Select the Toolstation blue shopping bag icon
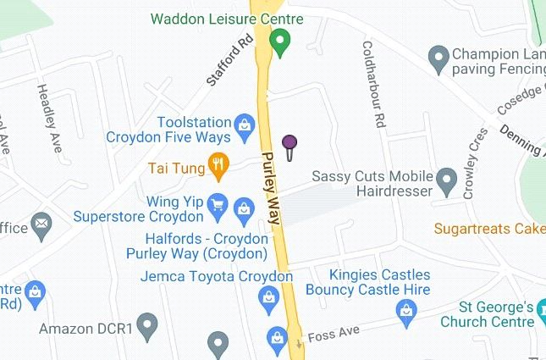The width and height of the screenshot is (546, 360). [245, 125]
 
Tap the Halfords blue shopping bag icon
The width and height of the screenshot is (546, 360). [244, 208]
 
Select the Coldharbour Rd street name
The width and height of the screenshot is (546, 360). [373, 85]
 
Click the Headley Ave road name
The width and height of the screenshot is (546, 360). [49, 119]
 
